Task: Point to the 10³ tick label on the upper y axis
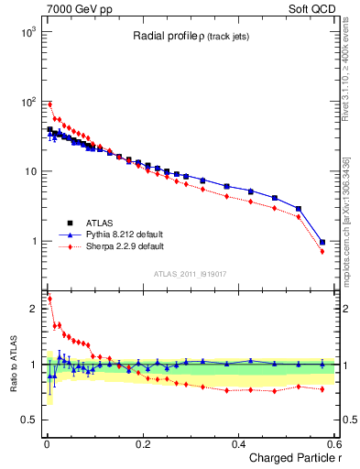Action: click(x=27, y=31)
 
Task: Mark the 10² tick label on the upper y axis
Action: click(x=27, y=102)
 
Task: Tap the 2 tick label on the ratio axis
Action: click(x=31, y=309)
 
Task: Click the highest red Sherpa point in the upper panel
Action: click(x=50, y=104)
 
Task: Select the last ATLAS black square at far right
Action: click(x=322, y=243)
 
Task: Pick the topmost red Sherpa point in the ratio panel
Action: click(x=50, y=299)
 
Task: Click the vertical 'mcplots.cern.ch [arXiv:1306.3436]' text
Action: click(x=345, y=222)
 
